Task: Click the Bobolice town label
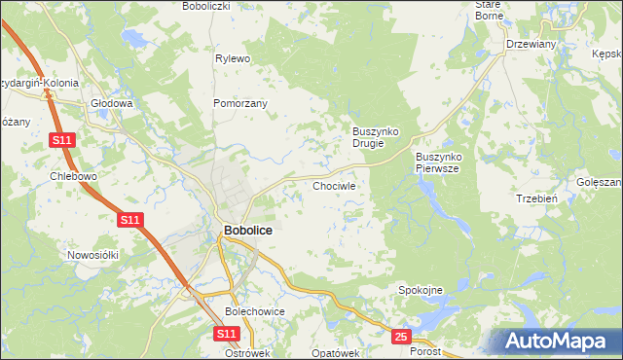click(247, 231)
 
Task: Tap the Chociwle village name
click(335, 185)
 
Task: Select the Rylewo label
click(234, 58)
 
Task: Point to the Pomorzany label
click(239, 102)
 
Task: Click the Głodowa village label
click(110, 102)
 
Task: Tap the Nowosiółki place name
click(92, 255)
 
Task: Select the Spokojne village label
click(421, 290)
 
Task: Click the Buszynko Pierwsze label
click(443, 162)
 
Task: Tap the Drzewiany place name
click(530, 44)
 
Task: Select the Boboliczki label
click(205, 6)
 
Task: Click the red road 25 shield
click(402, 337)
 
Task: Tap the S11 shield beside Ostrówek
click(226, 334)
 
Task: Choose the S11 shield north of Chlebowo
click(62, 141)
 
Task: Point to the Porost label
click(425, 351)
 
